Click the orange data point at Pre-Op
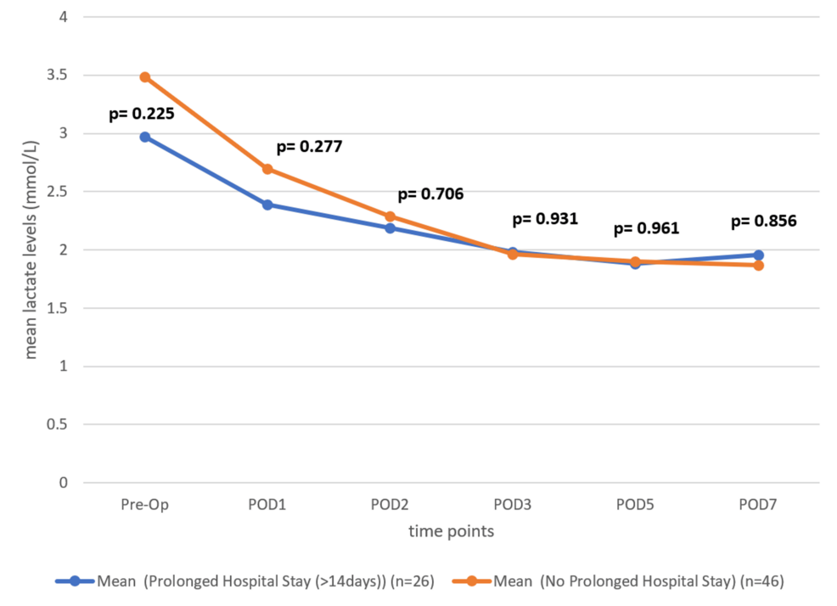click(145, 77)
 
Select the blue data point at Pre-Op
click(145, 137)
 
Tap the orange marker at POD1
click(267, 169)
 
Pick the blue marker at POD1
click(267, 205)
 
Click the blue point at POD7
click(758, 255)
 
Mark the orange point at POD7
click(758, 266)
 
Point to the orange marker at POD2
click(390, 216)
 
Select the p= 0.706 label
click(430, 194)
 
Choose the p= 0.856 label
click(763, 221)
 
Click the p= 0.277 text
click(309, 146)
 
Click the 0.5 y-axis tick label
click(60, 424)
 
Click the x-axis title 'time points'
click(451, 532)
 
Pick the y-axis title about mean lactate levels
click(31, 250)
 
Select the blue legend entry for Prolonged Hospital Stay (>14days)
click(246, 581)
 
